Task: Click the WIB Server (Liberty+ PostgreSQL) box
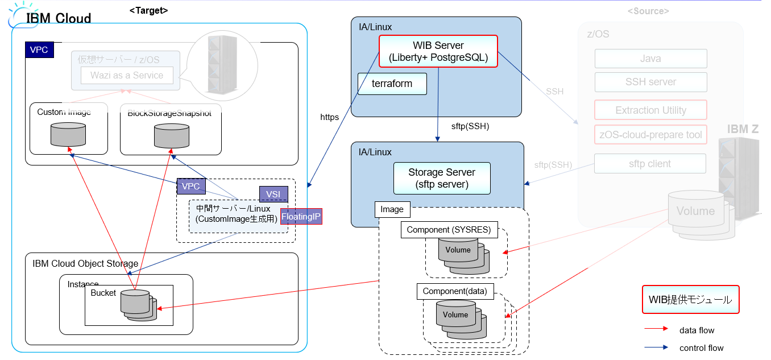(x=438, y=51)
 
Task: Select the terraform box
(x=392, y=84)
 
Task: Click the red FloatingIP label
(x=301, y=216)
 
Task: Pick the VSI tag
(x=273, y=195)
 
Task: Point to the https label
(x=330, y=117)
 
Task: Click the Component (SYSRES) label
(x=449, y=230)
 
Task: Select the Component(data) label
(x=455, y=291)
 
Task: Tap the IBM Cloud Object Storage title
(x=85, y=263)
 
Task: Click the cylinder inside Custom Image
(x=68, y=134)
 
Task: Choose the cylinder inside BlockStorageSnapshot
(x=171, y=135)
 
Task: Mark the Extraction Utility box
(x=650, y=110)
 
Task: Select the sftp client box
(x=650, y=164)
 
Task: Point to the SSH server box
(x=650, y=82)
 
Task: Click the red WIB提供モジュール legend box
(x=690, y=300)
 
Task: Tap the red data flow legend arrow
(x=657, y=329)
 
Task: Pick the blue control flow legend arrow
(x=657, y=347)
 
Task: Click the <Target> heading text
(x=148, y=10)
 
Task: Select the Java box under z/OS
(x=650, y=59)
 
